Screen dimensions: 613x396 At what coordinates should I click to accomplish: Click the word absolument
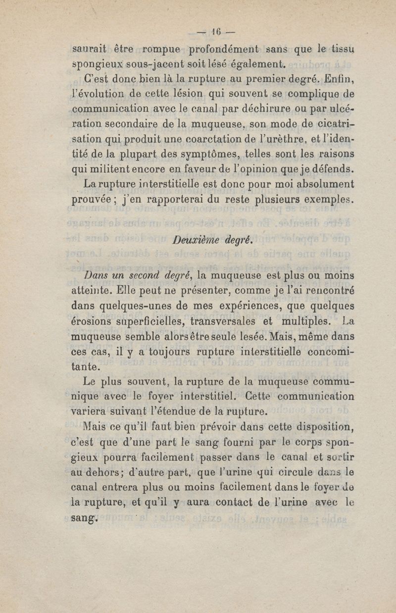(x=323, y=184)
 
